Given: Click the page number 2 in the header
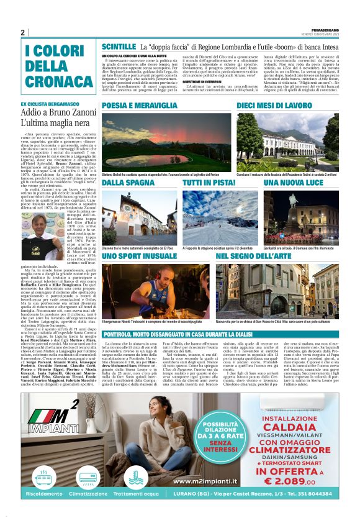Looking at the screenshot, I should [x=23, y=33].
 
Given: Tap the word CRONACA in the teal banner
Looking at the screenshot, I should [x=51, y=80].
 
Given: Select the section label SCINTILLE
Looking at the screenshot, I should [x=119, y=47].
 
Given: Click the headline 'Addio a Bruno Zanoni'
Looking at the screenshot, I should [x=56, y=114].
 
